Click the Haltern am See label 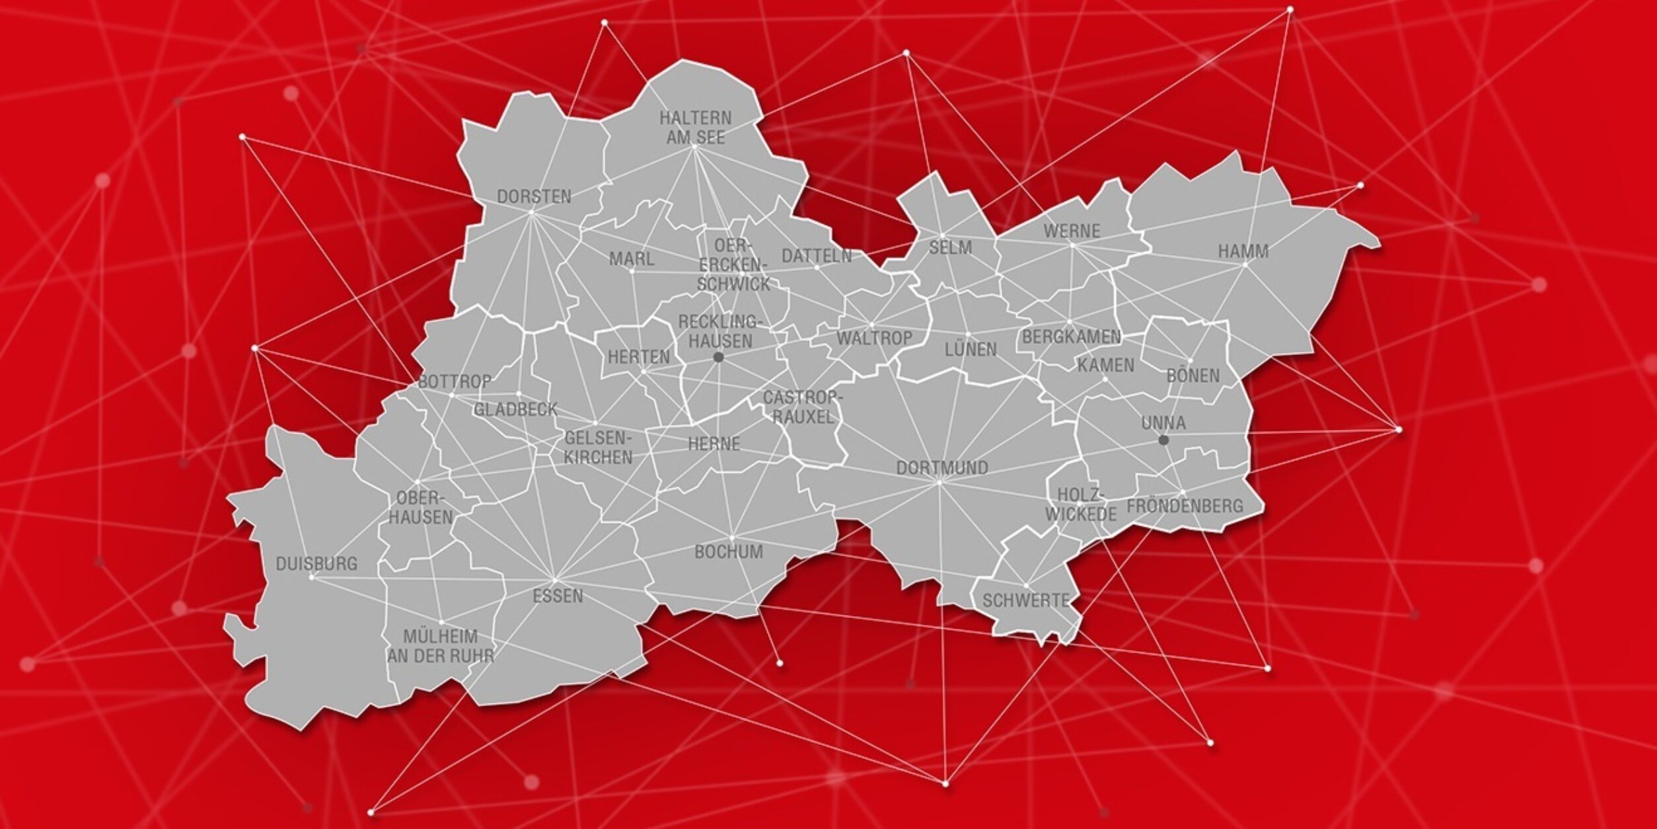tap(695, 128)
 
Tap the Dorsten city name tap(534, 196)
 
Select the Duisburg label tap(316, 564)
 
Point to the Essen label tap(558, 596)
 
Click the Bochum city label tap(729, 551)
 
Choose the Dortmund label tap(942, 467)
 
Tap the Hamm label tap(1243, 251)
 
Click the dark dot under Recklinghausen tap(719, 357)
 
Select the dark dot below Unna tap(1163, 440)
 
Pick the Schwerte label tap(1025, 600)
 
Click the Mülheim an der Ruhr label tap(441, 646)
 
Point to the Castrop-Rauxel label tap(803, 407)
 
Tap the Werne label tap(1072, 231)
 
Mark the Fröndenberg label tap(1185, 506)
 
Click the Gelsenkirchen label tap(598, 447)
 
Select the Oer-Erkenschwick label tap(733, 264)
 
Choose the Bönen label tap(1193, 375)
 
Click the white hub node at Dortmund tap(939, 483)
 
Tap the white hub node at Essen tap(555, 580)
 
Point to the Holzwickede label tap(1080, 504)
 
